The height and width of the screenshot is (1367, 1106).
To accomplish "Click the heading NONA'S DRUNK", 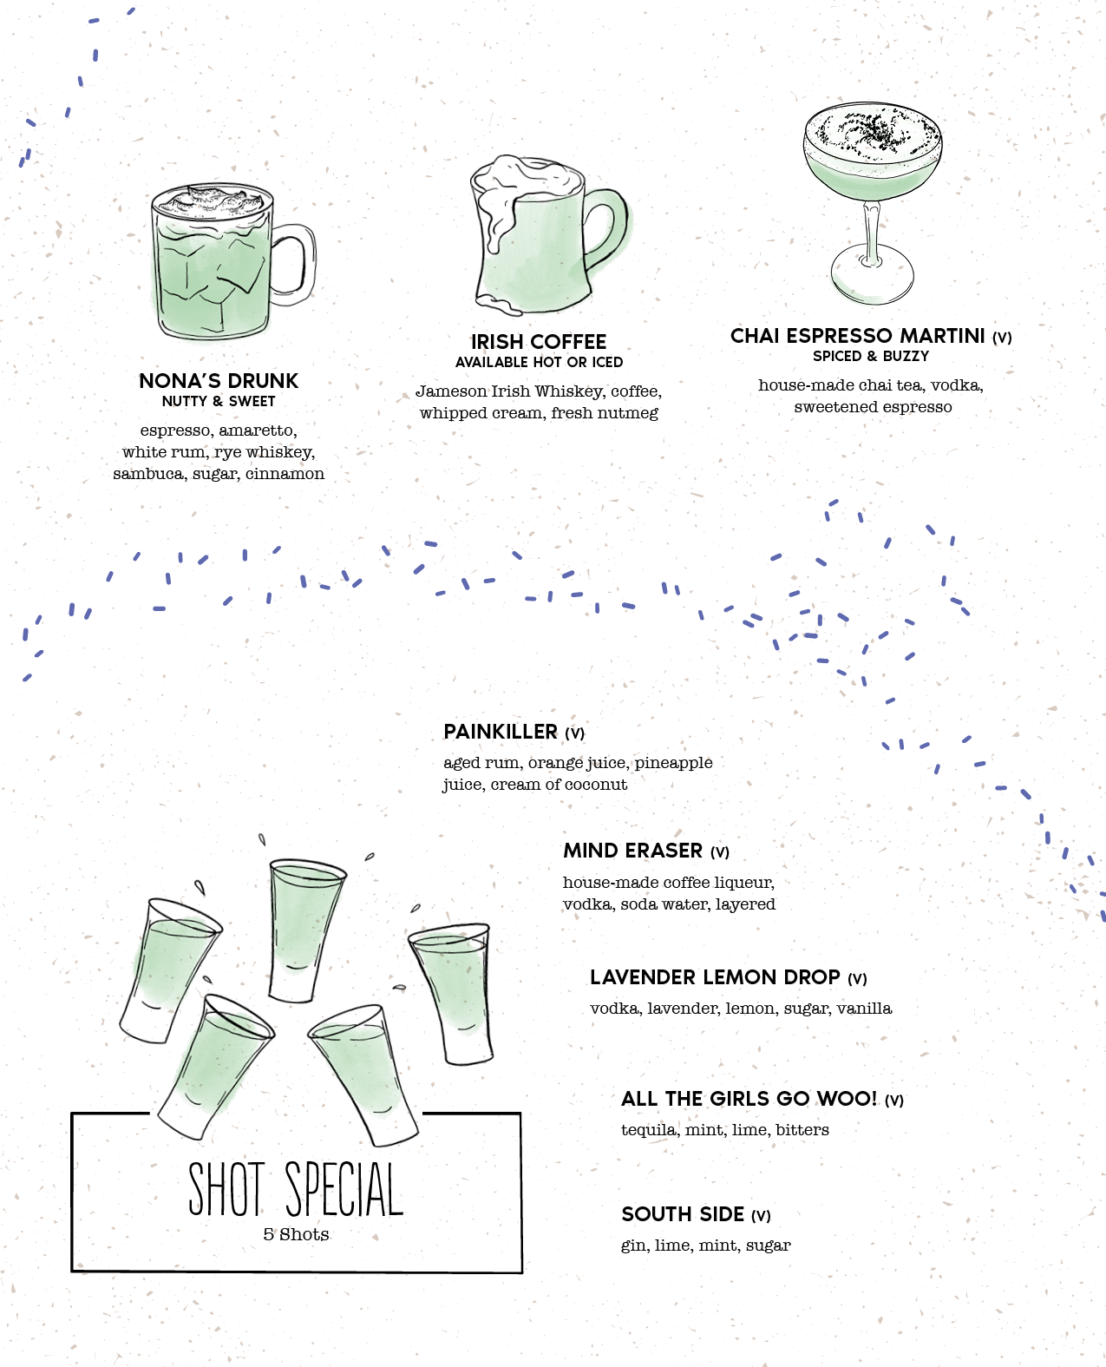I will coord(219,381).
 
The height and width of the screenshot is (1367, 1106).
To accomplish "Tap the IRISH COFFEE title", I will coord(539,342).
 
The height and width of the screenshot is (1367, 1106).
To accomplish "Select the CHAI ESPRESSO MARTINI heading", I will coord(858,336).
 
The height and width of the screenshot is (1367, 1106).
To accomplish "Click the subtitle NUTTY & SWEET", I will coord(219,401).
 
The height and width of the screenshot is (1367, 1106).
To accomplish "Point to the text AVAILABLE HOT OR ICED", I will coord(539,362).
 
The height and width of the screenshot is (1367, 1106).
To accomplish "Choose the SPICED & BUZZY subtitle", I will coord(871,356).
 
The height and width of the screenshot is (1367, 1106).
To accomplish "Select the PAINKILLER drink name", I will coord(501,732).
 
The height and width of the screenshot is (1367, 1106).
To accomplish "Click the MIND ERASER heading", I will coord(632,851).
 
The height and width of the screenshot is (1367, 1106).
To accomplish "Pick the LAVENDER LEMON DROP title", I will coord(715,977).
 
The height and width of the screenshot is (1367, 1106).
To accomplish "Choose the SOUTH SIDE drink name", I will coord(683,1214).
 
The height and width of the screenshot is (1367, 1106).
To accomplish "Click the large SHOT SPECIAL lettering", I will coord(296,1189).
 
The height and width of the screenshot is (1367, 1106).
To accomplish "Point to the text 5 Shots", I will coord(296,1234).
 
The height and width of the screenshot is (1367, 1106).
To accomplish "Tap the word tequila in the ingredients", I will coord(648,1130).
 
